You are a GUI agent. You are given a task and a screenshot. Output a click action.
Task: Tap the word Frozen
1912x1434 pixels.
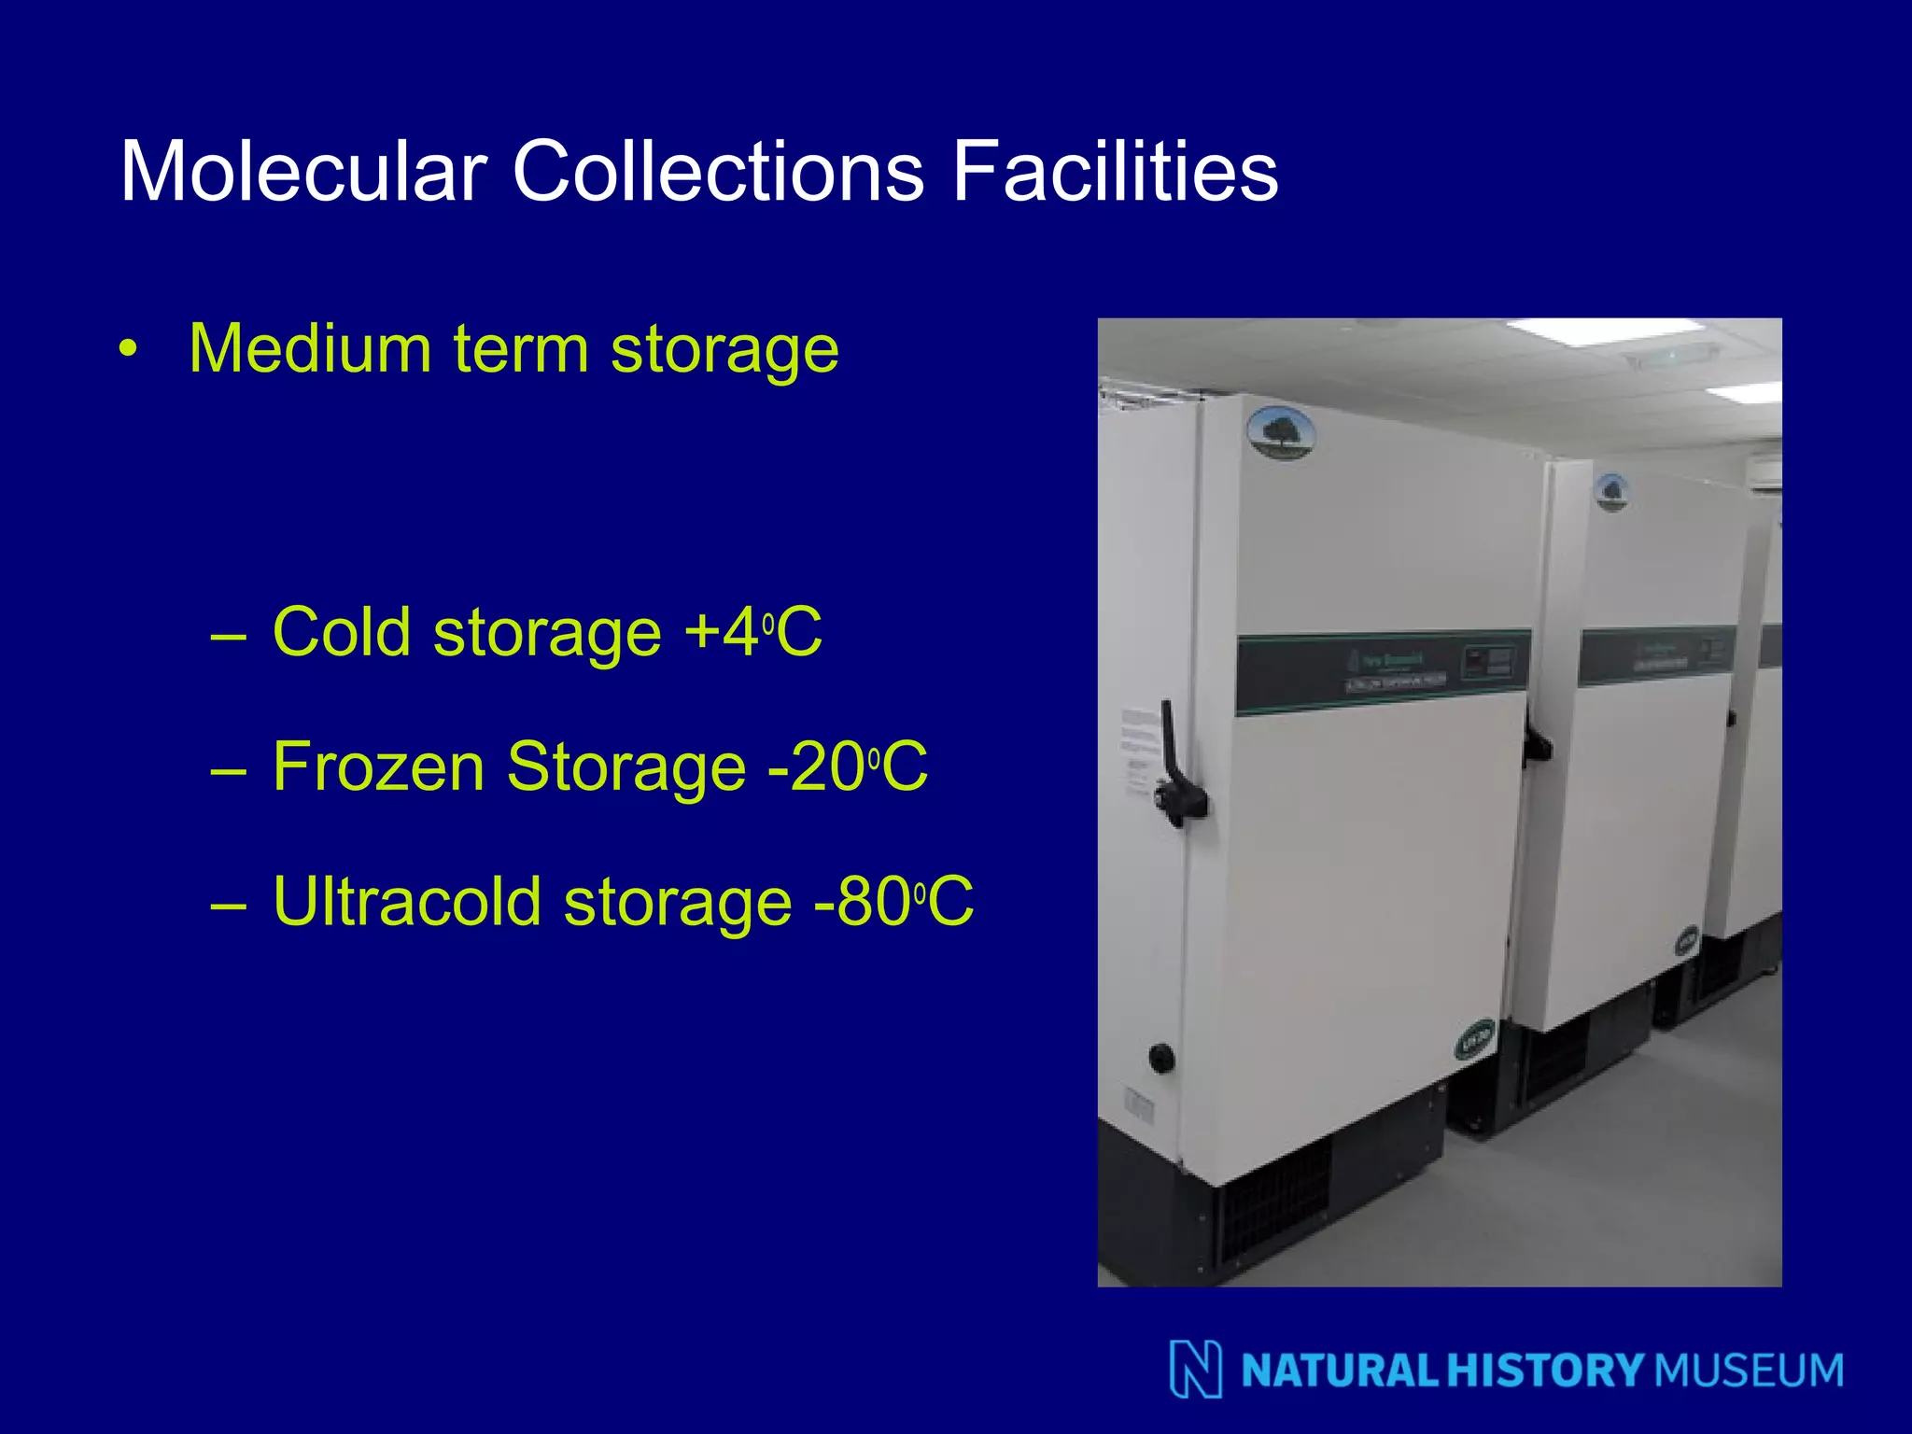[x=378, y=767]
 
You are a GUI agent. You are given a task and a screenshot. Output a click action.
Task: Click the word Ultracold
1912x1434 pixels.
[x=407, y=902]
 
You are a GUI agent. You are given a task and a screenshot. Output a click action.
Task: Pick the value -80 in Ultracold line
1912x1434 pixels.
[x=862, y=902]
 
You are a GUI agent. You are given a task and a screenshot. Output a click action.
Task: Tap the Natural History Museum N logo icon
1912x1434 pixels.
[x=1196, y=1369]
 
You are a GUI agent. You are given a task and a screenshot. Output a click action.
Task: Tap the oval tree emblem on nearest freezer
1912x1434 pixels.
[x=1281, y=433]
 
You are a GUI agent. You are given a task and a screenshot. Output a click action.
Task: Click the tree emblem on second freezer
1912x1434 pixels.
[x=1610, y=492]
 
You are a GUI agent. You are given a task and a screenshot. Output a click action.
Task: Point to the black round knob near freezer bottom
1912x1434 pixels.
[x=1161, y=1058]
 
